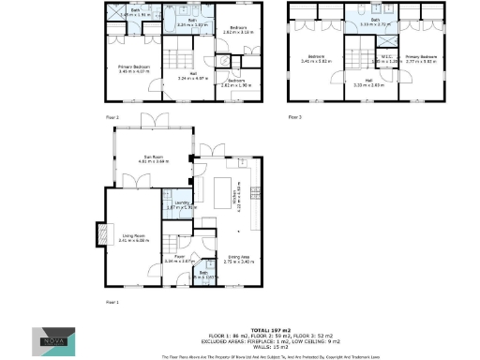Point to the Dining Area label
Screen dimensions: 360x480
[x=239, y=258]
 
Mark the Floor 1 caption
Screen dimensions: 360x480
[x=112, y=302]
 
